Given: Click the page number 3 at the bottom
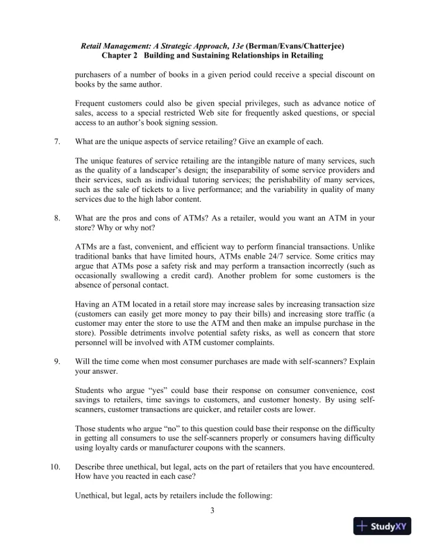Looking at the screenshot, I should point(213,512).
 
